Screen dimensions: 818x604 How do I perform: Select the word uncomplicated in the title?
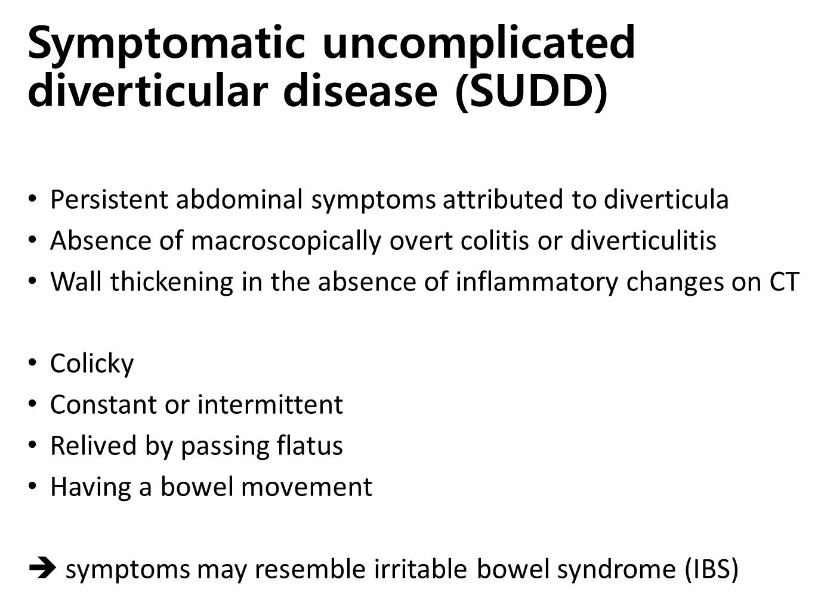(x=479, y=43)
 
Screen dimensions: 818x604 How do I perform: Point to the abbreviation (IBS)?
(x=712, y=569)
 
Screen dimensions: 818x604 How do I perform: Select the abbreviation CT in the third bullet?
(x=785, y=282)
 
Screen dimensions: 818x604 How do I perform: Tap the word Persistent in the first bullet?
(x=109, y=199)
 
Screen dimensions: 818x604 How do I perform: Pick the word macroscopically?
(x=286, y=241)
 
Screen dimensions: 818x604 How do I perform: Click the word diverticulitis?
(x=643, y=240)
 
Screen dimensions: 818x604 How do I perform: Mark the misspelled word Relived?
(x=94, y=445)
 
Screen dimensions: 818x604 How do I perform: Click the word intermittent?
(x=270, y=405)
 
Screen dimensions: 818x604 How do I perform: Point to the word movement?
(x=311, y=487)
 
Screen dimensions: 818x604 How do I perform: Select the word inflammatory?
(x=536, y=282)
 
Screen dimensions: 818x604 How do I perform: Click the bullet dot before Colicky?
(x=32, y=363)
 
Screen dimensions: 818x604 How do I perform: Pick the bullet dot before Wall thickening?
(x=32, y=281)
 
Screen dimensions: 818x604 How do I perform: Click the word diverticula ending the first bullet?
(x=666, y=199)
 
